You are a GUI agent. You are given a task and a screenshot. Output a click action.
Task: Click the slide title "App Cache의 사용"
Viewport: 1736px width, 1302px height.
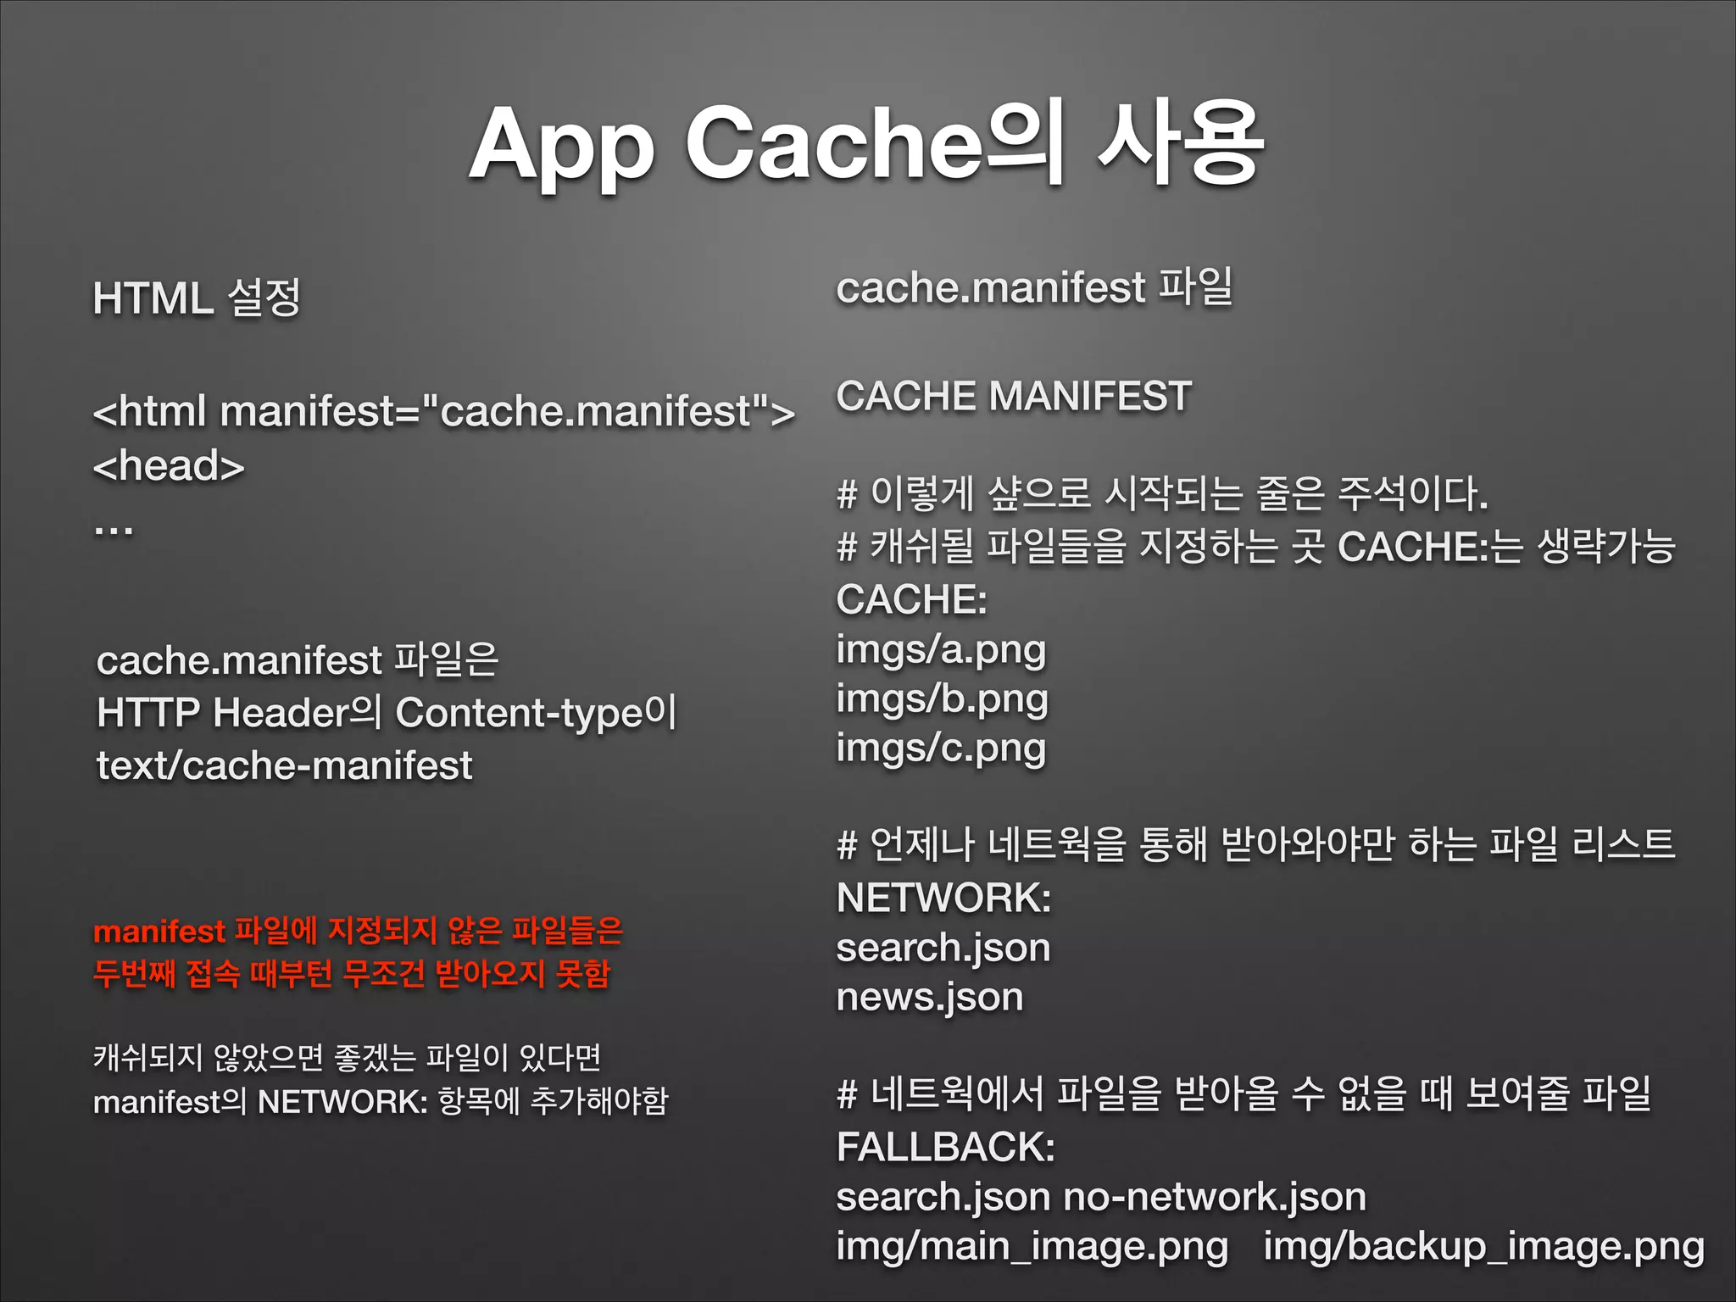point(866,144)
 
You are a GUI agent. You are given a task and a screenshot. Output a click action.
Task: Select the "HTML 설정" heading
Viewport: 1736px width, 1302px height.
point(197,298)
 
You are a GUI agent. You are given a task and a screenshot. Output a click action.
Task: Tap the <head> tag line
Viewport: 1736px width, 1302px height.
point(169,465)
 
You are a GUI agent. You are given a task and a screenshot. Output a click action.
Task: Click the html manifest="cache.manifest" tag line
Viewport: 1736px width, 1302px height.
point(443,412)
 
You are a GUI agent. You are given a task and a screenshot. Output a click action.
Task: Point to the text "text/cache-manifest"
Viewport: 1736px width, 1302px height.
point(284,765)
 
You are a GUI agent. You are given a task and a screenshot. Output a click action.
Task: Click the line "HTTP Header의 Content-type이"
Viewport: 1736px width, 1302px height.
point(386,712)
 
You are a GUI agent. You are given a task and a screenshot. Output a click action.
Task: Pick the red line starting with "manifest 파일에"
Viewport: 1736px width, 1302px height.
point(358,931)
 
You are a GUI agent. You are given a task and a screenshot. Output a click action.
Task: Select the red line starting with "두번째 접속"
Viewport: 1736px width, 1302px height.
point(351,974)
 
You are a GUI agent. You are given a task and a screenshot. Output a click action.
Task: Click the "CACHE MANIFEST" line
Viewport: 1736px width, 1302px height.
point(1014,397)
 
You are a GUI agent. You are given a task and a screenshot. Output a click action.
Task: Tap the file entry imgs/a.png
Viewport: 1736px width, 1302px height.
point(941,650)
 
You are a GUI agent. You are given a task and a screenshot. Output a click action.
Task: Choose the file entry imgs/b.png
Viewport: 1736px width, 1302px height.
point(942,699)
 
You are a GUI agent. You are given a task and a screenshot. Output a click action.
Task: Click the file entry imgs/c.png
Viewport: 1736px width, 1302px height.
point(941,748)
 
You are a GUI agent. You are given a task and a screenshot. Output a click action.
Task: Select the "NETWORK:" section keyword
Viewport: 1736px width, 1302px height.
point(943,898)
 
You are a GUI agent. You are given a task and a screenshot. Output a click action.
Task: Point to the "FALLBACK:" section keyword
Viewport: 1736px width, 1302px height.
point(945,1147)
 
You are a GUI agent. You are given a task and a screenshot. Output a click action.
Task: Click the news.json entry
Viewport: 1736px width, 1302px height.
point(930,997)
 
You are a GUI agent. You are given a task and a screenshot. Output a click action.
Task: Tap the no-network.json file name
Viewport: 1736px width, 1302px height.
point(1215,1197)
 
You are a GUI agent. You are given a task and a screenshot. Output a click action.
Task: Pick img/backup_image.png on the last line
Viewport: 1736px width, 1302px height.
point(1483,1246)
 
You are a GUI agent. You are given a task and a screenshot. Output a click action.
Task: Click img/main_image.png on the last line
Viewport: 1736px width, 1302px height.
point(1032,1246)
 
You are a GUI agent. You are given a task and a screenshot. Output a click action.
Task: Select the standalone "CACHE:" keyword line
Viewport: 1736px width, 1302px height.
point(911,599)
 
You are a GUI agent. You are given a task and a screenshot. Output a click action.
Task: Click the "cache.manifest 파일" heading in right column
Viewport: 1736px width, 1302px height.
point(1034,287)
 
